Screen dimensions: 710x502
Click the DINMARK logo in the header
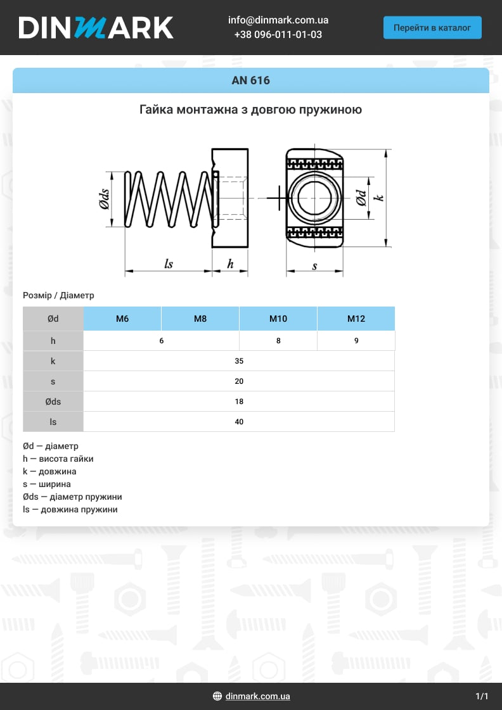96,28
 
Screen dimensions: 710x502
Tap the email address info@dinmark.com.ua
278,20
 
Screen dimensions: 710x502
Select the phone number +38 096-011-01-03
278,35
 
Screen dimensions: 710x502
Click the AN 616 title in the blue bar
251,80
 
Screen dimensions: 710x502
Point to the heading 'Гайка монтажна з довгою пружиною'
251,110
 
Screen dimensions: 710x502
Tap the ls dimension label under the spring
168,264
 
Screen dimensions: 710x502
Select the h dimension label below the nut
230,264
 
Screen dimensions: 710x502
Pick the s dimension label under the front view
314,267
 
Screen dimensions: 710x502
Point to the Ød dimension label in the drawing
361,198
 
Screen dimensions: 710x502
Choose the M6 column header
122,319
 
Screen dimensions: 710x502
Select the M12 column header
356,319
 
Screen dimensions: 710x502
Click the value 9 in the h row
356,341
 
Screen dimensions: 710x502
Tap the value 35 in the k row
239,361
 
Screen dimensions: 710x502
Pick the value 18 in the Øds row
239,402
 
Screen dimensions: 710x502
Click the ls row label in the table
53,422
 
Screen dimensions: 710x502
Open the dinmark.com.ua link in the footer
257,696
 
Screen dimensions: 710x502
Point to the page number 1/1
482,696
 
